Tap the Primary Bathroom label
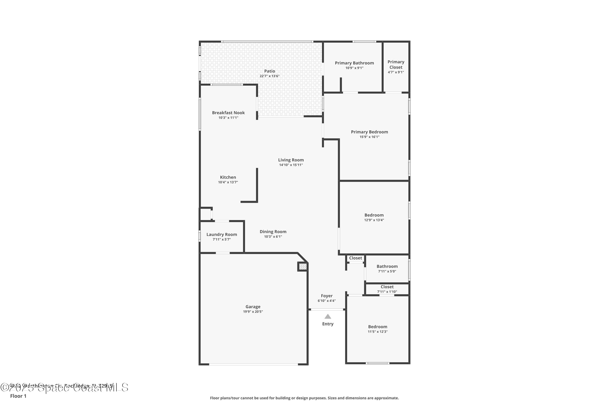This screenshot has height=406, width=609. coord(354,63)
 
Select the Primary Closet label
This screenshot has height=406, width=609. coord(396,65)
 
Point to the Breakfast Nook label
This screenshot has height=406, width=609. coord(228,113)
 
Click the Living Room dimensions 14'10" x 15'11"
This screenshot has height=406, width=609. coord(291,165)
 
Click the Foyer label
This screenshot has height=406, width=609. coord(326,296)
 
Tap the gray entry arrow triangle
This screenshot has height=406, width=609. coord(328,316)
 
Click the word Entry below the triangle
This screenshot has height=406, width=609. coord(328,324)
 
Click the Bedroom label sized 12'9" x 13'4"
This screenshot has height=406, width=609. coord(374,215)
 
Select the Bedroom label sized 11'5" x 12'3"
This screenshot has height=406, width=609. coord(378,327)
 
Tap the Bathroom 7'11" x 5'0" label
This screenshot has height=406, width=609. coord(387,266)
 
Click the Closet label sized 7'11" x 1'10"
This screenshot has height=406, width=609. coord(387,287)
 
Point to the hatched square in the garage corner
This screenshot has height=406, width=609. coord(303,266)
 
